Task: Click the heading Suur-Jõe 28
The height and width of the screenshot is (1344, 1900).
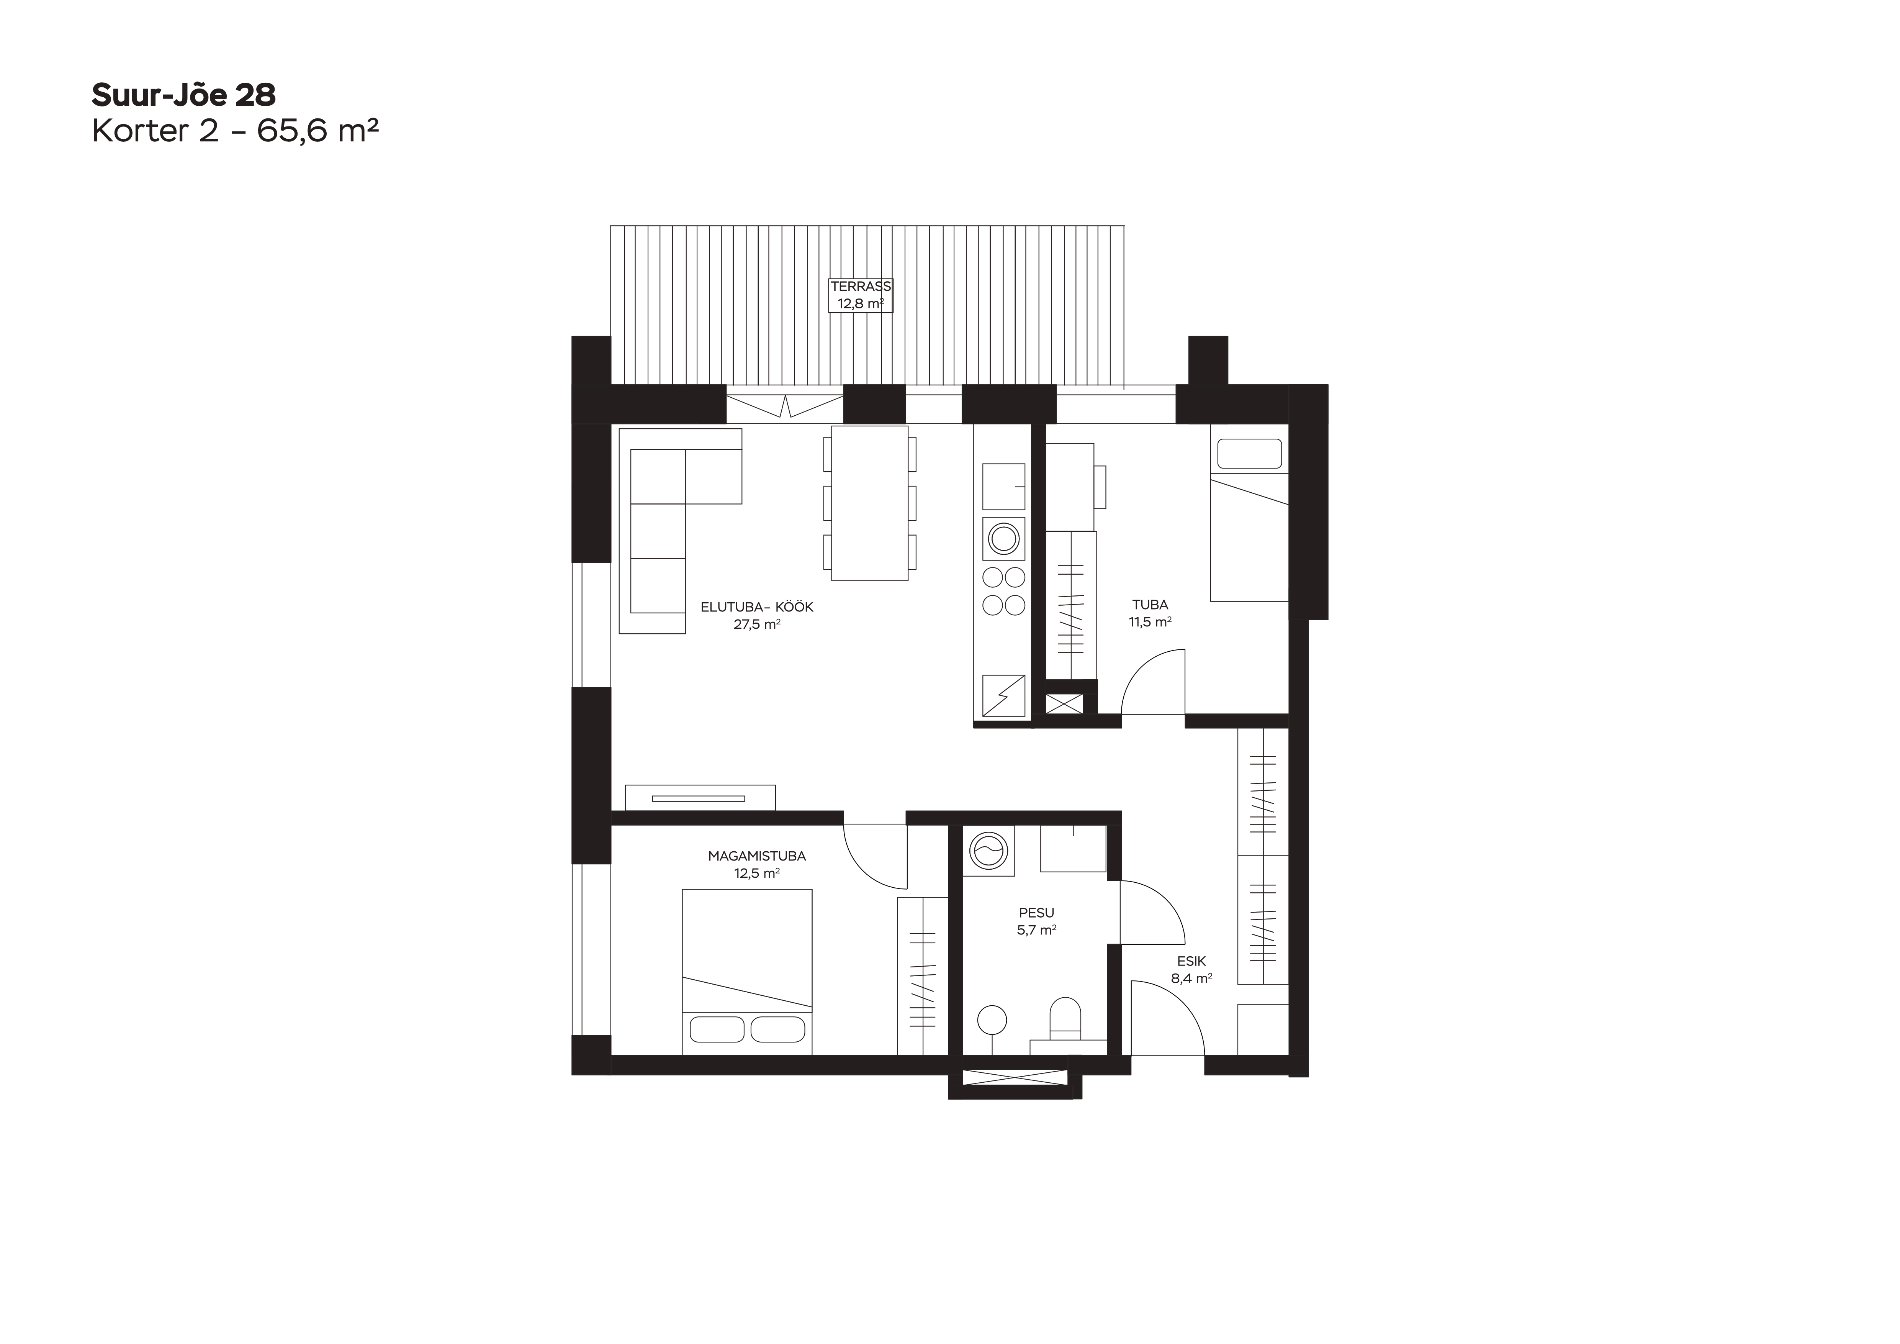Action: [x=183, y=95]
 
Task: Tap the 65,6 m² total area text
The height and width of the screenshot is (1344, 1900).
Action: [x=318, y=131]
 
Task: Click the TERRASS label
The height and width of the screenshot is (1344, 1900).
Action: [x=861, y=286]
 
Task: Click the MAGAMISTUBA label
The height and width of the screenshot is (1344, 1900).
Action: [x=756, y=857]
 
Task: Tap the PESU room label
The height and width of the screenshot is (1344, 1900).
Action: [x=1036, y=913]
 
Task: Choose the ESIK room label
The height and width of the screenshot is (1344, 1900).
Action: [x=1191, y=962]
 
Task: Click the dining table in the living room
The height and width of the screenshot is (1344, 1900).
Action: [x=870, y=503]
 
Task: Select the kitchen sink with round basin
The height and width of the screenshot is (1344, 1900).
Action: [x=1004, y=539]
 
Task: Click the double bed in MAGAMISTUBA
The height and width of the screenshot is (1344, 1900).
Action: [x=746, y=972]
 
